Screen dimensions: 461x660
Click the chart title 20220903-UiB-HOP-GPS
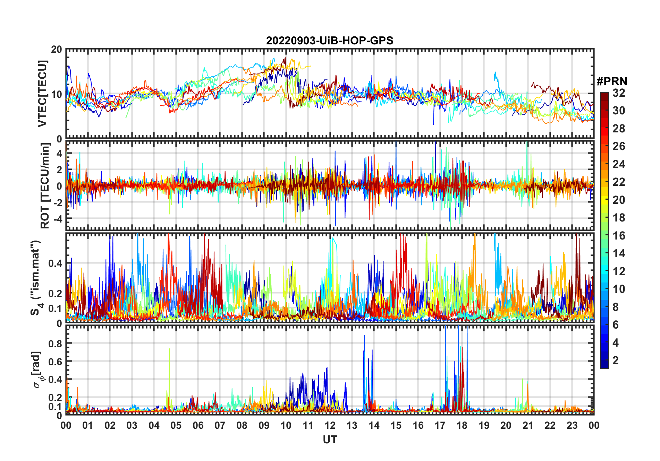[x=330, y=41]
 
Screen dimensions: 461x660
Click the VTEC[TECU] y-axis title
[x=42, y=94]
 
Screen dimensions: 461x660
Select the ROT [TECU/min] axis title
[x=45, y=186]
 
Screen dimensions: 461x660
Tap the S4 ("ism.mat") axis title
[x=36, y=277]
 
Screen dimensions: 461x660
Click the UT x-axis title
[x=330, y=440]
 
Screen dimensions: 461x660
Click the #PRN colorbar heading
[x=612, y=81]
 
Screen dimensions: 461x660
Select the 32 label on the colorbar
[x=619, y=93]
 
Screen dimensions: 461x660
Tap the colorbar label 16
[x=619, y=236]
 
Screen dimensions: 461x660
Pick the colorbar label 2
[x=616, y=360]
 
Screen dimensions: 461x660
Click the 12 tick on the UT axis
[x=330, y=425]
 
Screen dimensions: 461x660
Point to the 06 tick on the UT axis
[x=198, y=425]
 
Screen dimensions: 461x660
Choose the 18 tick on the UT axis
[x=462, y=425]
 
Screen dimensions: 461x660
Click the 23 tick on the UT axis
[x=572, y=425]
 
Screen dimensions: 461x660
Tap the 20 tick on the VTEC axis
[x=57, y=49]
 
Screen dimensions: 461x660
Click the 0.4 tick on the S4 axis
[x=55, y=263]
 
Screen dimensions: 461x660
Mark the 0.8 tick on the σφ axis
[x=55, y=343]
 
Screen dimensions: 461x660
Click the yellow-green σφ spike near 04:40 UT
[x=169, y=350]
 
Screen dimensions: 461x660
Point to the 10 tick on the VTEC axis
[x=57, y=94]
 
